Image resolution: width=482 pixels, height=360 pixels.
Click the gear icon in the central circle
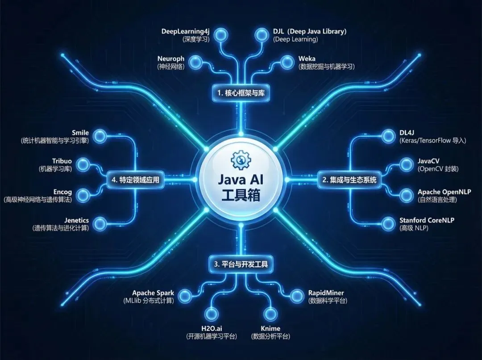[241, 159]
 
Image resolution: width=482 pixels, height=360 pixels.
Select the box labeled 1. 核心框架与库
[241, 93]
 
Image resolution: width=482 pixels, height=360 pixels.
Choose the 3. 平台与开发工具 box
[241, 264]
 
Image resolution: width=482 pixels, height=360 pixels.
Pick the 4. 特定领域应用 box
[136, 180]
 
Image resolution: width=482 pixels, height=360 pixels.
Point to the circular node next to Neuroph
[195, 63]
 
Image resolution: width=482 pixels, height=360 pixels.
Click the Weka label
[307, 59]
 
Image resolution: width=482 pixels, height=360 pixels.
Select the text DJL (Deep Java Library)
[309, 31]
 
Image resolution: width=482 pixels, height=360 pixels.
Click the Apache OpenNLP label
[444, 192]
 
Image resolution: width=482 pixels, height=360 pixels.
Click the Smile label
[80, 133]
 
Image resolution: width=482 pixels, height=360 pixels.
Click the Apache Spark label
[153, 293]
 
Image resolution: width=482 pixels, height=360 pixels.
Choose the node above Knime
[270, 314]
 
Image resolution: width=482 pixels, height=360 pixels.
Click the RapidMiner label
[326, 293]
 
